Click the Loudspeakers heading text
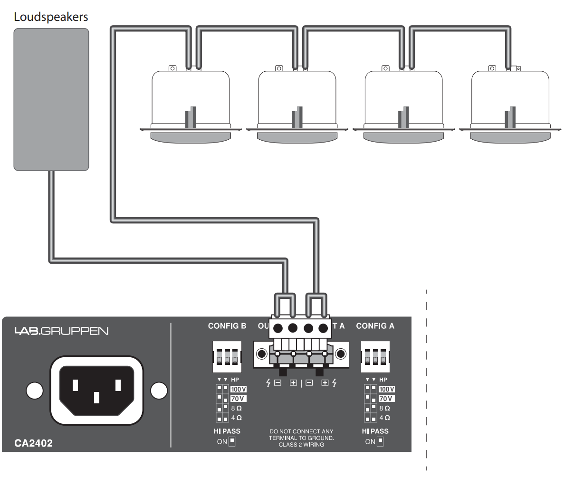click(51, 17)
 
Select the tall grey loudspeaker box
click(51, 99)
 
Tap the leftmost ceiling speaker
click(191, 107)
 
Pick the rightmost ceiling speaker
click(510, 107)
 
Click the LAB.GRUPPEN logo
click(61, 331)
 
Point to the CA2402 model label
click(33, 443)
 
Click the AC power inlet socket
click(96, 390)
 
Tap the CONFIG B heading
click(227, 326)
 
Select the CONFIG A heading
click(375, 326)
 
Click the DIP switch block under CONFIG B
click(227, 357)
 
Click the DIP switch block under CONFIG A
click(375, 357)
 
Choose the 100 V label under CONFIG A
click(386, 389)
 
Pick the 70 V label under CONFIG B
click(238, 399)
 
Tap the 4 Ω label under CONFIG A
click(384, 418)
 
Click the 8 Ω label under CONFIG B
click(236, 408)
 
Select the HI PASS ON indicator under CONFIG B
click(232, 441)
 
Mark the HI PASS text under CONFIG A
click(375, 431)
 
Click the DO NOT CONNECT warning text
click(301, 438)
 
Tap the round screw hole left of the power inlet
click(34, 391)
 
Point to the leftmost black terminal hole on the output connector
click(278, 328)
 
